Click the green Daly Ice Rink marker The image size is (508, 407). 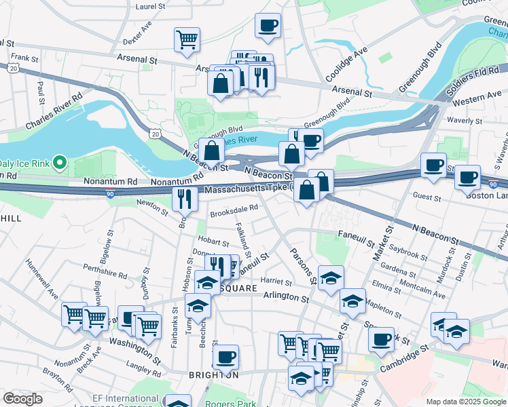[59, 163]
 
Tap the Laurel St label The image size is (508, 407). [150, 6]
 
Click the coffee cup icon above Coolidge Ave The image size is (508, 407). [268, 26]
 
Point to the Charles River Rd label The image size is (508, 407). [54, 111]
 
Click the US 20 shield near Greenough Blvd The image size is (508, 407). [156, 135]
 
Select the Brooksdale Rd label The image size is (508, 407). [234, 210]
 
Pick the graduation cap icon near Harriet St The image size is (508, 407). [331, 278]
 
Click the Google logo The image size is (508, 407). [23, 399]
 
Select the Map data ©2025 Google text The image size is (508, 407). [465, 402]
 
